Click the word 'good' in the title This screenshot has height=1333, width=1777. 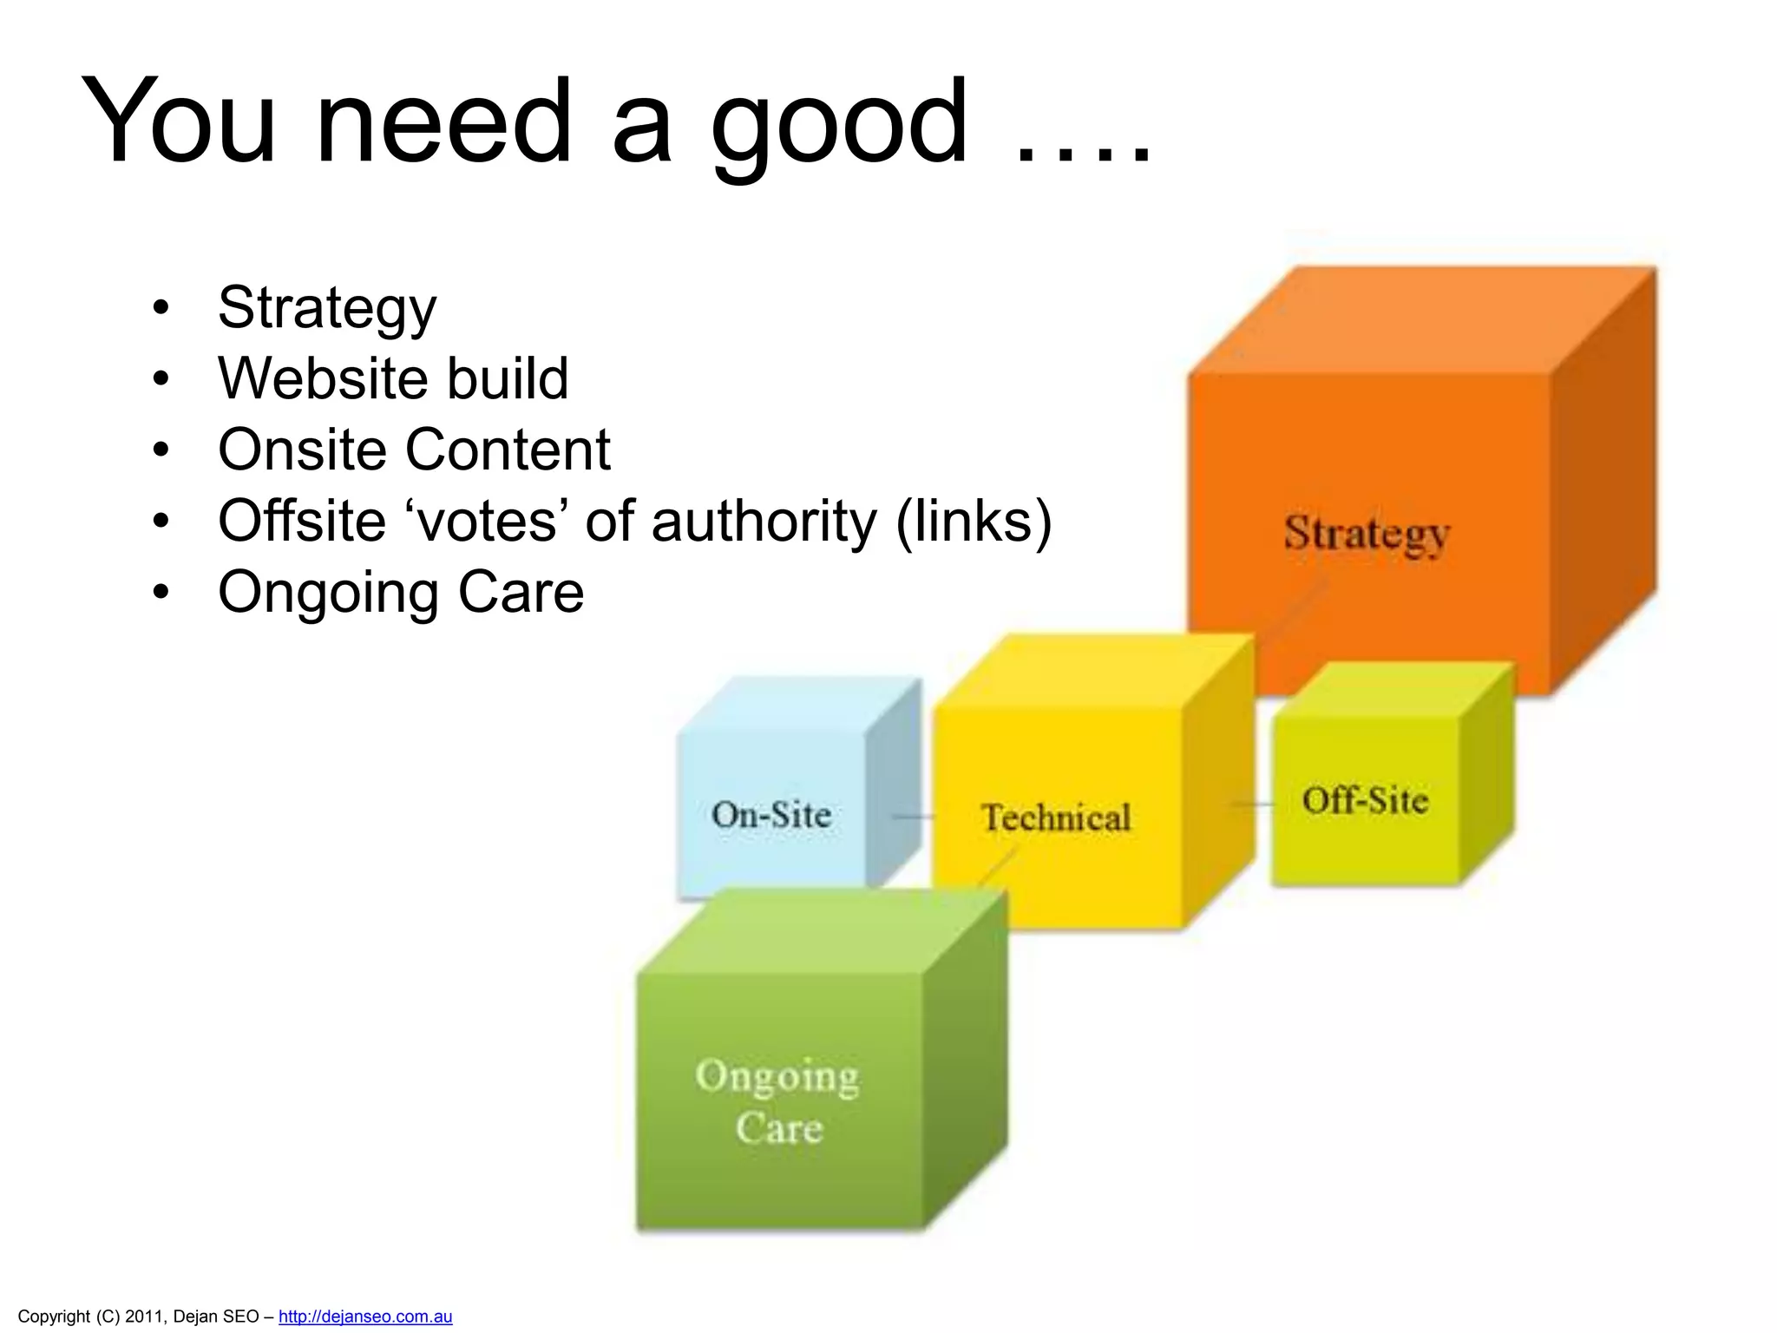pos(838,121)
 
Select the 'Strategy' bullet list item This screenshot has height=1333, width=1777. pos(327,307)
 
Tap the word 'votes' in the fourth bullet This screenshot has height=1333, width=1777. pos(486,521)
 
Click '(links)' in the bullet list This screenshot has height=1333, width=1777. pos(974,521)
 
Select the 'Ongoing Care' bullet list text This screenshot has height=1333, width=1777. pos(401,592)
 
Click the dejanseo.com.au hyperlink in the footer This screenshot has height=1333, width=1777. pos(365,1316)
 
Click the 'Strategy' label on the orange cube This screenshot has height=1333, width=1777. pos(1367,533)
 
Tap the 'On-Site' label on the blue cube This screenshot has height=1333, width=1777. pos(771,814)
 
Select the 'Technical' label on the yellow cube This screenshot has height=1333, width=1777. pos(1056,818)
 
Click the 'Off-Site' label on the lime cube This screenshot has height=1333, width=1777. pos(1365,800)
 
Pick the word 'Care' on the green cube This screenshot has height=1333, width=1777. pos(779,1128)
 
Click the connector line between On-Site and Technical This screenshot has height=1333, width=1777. pos(913,817)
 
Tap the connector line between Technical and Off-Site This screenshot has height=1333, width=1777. pos(1252,804)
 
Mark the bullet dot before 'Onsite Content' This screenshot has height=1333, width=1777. pos(161,450)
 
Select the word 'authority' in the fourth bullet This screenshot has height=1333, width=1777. pos(764,521)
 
